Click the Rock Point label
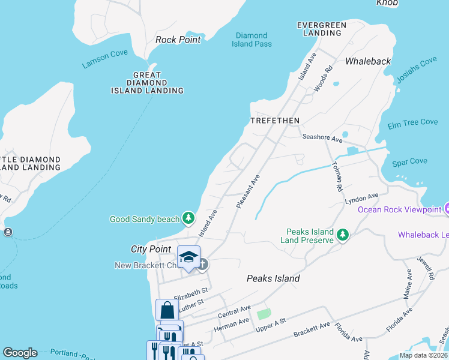click(x=178, y=40)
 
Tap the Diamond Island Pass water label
click(x=253, y=40)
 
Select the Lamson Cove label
click(x=105, y=59)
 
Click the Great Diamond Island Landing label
click(x=147, y=82)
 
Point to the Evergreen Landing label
click(x=322, y=29)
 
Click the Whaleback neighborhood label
click(x=367, y=61)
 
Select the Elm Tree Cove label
click(x=412, y=122)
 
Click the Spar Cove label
click(x=409, y=161)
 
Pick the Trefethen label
click(x=274, y=121)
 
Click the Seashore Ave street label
click(x=322, y=138)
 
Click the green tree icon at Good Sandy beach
click(x=188, y=217)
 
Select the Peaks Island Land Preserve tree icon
click(x=342, y=235)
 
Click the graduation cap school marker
click(x=188, y=257)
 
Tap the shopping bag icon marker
click(x=167, y=310)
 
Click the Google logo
click(x=20, y=353)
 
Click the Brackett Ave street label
click(x=312, y=329)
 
